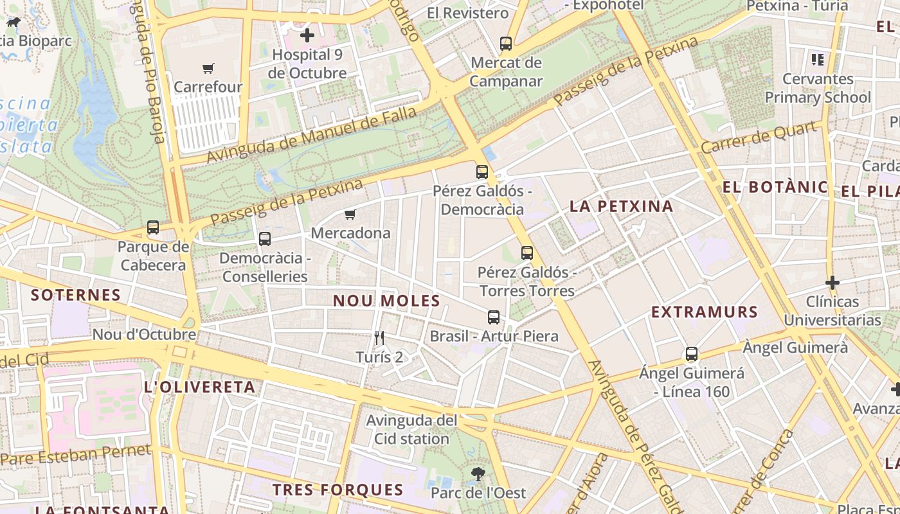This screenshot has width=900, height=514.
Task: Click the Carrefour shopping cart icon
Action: click(208, 68)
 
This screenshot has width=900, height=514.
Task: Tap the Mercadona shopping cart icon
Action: click(350, 215)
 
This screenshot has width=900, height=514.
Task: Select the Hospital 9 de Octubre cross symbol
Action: click(307, 35)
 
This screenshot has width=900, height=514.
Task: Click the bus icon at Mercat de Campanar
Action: click(506, 44)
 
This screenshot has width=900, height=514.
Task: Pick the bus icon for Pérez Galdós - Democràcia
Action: click(482, 172)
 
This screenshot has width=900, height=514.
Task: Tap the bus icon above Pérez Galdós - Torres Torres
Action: click(527, 253)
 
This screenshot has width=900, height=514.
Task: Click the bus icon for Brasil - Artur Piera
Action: click(493, 317)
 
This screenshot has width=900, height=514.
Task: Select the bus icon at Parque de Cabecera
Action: click(153, 227)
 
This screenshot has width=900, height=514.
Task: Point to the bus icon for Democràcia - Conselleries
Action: click(264, 239)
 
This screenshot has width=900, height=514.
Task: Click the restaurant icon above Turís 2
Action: click(379, 338)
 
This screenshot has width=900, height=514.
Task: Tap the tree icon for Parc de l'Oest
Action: click(478, 474)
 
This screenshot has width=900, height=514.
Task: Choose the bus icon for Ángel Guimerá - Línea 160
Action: click(692, 354)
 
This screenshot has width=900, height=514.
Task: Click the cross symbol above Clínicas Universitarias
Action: click(833, 283)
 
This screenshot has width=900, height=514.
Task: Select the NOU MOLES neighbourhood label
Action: click(386, 301)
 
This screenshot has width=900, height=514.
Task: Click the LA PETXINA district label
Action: click(622, 206)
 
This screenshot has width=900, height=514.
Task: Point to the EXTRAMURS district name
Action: click(705, 312)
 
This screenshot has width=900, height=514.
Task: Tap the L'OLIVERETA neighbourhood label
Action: click(200, 387)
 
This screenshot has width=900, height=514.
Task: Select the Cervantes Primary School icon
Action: click(818, 60)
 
